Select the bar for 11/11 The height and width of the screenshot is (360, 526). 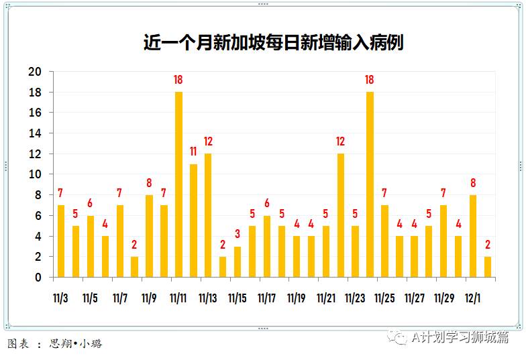tap(178, 184)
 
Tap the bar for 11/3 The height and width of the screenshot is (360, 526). tap(61, 241)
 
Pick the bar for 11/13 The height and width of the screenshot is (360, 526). tap(208, 215)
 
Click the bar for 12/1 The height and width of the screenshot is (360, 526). tap(473, 235)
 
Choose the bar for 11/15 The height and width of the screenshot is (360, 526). tap(238, 261)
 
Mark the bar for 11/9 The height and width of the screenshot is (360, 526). tap(149, 235)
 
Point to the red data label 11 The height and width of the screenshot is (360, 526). tap(193, 152)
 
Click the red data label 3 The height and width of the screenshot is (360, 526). tap(238, 234)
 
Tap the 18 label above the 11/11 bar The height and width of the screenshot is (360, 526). tap(178, 80)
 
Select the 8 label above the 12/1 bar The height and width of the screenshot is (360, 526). tap(473, 182)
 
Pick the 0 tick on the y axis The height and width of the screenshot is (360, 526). tap(38, 277)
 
